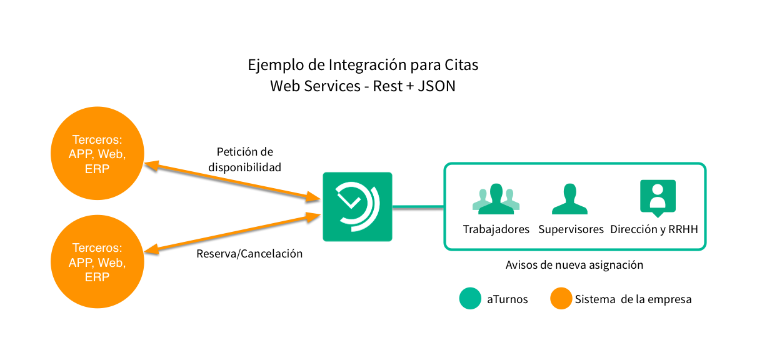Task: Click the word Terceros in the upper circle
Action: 98,140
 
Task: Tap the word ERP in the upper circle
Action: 98,169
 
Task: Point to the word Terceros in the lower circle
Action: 98,248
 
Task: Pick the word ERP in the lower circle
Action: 98,277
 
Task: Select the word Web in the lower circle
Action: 112,262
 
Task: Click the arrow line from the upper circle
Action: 231,182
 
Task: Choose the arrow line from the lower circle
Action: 231,233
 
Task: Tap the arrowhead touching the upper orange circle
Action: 151,165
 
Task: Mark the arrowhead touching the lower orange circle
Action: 151,249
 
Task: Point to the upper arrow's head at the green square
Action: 314,198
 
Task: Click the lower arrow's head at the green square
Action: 313,216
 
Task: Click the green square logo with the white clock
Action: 358,206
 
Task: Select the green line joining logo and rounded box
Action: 418,206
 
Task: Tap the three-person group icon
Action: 496,199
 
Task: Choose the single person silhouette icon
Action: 569,199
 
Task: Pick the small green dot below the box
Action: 470,298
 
